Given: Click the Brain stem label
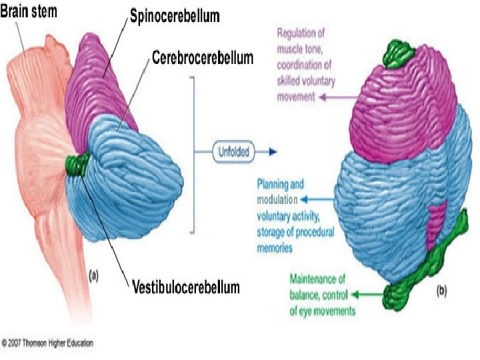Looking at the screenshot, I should [x=31, y=13].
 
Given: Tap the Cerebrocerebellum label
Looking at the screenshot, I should [x=202, y=58].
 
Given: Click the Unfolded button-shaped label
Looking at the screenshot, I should [x=233, y=152].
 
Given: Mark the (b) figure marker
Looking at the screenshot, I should [x=442, y=292].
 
